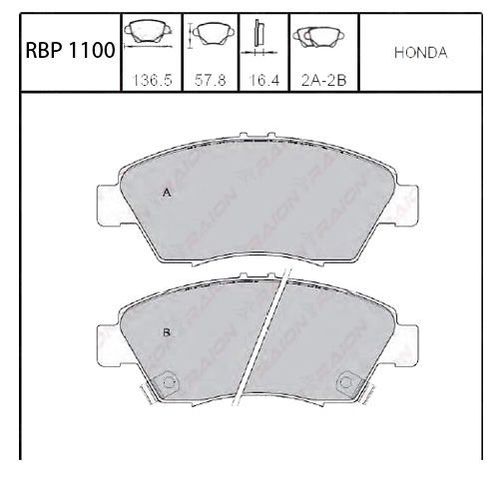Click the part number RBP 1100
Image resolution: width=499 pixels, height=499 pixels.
[x=70, y=51]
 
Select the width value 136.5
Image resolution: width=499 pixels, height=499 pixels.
[x=152, y=80]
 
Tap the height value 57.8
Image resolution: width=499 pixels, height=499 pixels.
[x=210, y=80]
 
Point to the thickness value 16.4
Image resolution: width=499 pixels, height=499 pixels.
[x=264, y=80]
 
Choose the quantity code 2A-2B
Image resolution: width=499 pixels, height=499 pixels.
[x=323, y=80]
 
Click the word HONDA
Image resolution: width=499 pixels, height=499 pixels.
[x=421, y=53]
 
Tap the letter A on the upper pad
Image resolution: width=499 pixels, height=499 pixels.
[x=167, y=193]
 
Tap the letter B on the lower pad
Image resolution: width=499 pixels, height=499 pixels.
[x=167, y=332]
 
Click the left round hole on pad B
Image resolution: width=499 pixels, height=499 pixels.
[x=169, y=382]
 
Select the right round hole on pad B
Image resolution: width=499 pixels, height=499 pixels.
[x=346, y=382]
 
